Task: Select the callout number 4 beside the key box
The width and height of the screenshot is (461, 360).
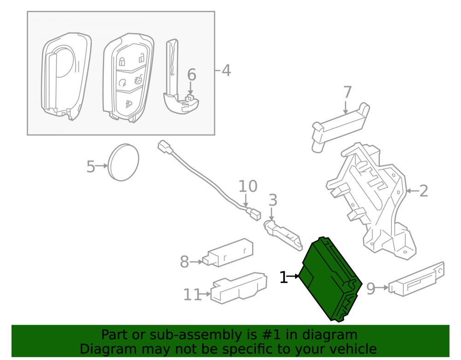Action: (x=226, y=71)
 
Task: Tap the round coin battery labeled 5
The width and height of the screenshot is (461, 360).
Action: (x=123, y=162)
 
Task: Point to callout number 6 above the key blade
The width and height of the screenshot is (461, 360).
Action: (x=191, y=75)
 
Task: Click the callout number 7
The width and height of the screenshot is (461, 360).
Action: (x=348, y=92)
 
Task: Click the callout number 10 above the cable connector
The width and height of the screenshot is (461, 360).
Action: (x=248, y=186)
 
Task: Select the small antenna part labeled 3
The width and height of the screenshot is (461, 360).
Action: (x=283, y=235)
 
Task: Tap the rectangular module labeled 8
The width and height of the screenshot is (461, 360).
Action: (x=228, y=253)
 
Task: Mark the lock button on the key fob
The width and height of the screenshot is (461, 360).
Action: (x=122, y=61)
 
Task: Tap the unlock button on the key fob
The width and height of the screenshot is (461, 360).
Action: (x=142, y=59)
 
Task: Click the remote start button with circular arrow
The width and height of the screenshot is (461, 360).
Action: (x=122, y=83)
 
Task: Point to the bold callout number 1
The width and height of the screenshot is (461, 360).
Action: (x=284, y=277)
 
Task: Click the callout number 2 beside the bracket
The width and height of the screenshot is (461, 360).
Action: (x=423, y=191)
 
